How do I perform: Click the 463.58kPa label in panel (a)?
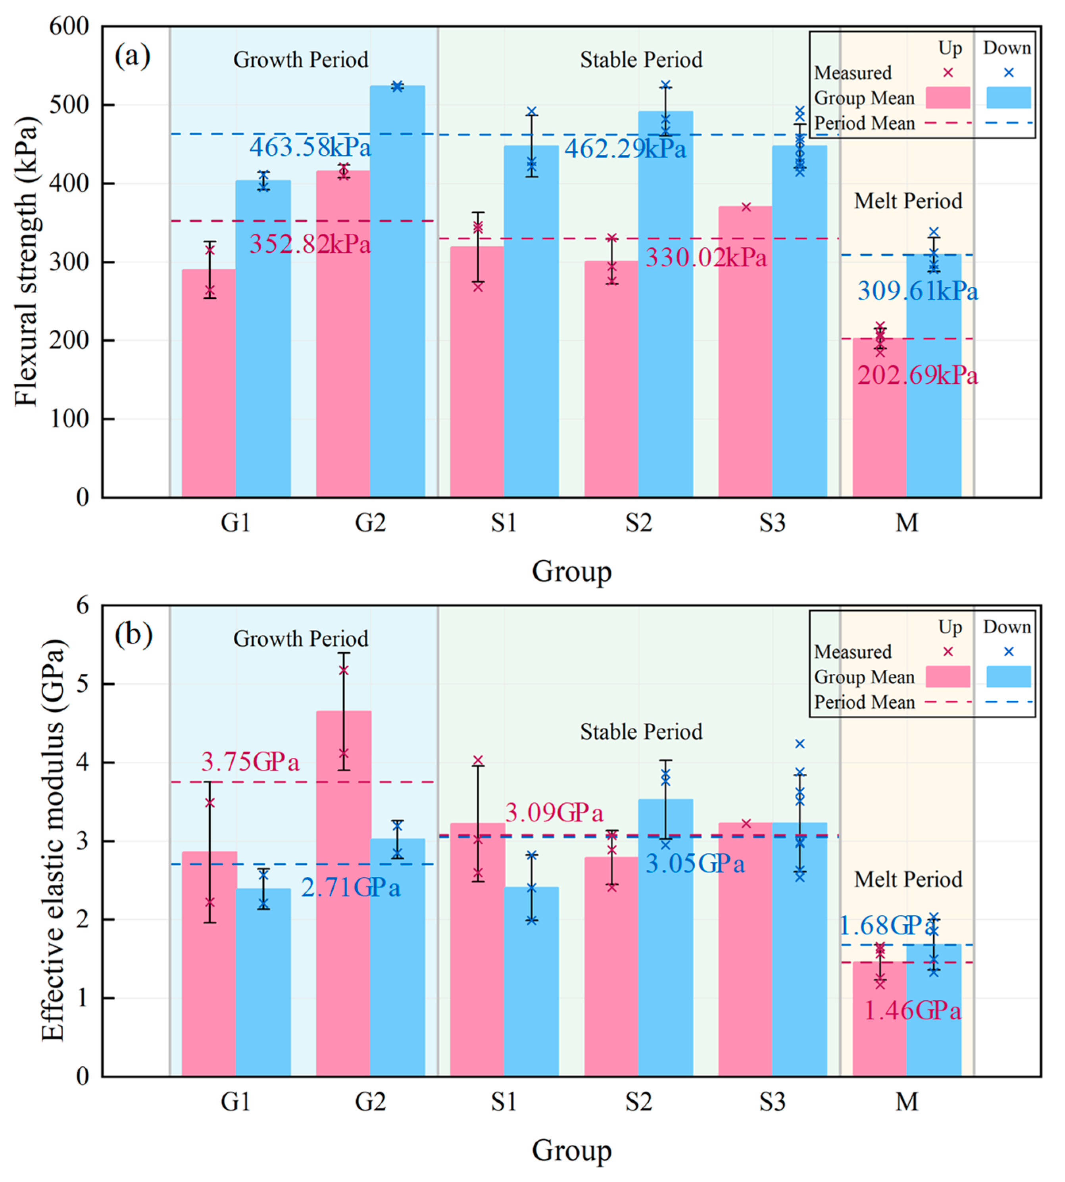click(310, 147)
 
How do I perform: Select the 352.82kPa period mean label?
click(310, 244)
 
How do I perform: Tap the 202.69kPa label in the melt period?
click(917, 375)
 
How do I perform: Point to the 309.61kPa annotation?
click(917, 291)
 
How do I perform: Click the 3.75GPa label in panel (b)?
click(250, 762)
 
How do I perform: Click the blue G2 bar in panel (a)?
click(397, 292)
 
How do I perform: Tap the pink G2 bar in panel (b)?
click(344, 895)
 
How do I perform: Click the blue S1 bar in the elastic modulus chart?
click(531, 983)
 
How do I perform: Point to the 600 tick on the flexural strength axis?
click(69, 26)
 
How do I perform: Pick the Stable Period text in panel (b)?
click(641, 732)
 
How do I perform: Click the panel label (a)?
click(132, 56)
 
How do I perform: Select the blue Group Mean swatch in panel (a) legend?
click(1008, 98)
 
